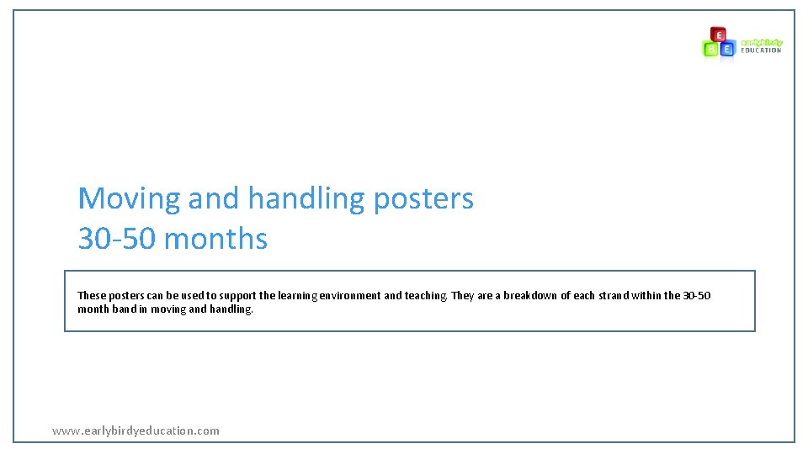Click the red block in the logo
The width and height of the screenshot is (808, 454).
coord(718,34)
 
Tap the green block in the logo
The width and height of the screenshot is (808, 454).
coord(711,49)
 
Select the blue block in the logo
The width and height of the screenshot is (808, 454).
coord(727,49)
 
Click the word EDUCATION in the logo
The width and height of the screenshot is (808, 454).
coord(761,50)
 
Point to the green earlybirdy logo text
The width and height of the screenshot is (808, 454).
coord(761,42)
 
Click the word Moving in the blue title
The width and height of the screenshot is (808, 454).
coord(129,199)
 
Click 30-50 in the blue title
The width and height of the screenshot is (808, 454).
coord(117,239)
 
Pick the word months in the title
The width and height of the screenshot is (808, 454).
coord(216,239)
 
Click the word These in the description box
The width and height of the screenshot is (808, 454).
coord(92,296)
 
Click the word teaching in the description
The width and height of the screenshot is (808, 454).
coord(426,296)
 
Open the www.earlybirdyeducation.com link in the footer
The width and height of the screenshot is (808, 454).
coord(136,430)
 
